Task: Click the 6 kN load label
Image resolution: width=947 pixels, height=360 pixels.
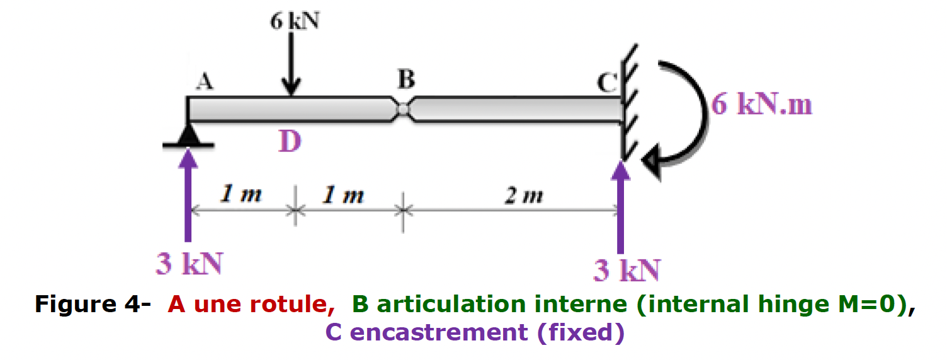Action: tap(295, 21)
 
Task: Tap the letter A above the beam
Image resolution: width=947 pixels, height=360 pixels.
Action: tap(203, 82)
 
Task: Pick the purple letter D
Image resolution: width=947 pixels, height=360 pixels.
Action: tap(290, 142)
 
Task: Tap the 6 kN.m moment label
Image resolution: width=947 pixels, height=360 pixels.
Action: tap(762, 105)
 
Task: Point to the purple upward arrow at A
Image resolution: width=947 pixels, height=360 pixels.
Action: tap(188, 195)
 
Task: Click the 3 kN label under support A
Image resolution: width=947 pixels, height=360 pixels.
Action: tap(189, 265)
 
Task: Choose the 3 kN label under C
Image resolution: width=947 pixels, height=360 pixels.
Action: tap(627, 271)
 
